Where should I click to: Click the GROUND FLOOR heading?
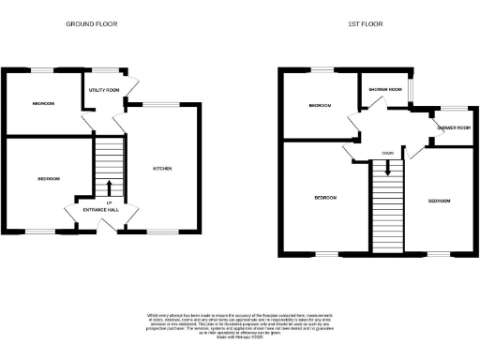pyautogui.click(x=92, y=23)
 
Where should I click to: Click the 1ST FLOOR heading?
pyautogui.click(x=367, y=23)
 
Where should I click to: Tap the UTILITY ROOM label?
pyautogui.click(x=104, y=90)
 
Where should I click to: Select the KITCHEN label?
pyautogui.click(x=163, y=169)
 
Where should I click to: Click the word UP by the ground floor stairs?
pyautogui.click(x=109, y=202)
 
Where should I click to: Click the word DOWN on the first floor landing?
pyautogui.click(x=386, y=154)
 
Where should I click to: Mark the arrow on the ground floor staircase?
pyautogui.click(x=109, y=187)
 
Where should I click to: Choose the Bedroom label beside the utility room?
pyautogui.click(x=43, y=103)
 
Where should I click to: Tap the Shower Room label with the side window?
pyautogui.click(x=384, y=90)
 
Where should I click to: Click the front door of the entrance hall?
pyautogui.click(x=109, y=231)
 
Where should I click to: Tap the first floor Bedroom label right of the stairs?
pyautogui.click(x=441, y=201)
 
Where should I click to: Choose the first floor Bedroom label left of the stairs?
pyautogui.click(x=325, y=198)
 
